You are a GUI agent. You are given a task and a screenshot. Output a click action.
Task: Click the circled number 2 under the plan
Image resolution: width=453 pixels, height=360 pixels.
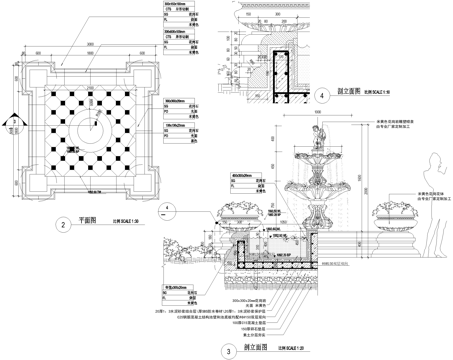tap(63, 225)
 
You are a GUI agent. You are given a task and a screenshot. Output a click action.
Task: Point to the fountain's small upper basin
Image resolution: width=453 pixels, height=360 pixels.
tap(320, 165)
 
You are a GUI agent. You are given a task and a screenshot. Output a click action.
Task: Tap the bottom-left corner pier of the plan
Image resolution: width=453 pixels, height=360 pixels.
tap(36, 188)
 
